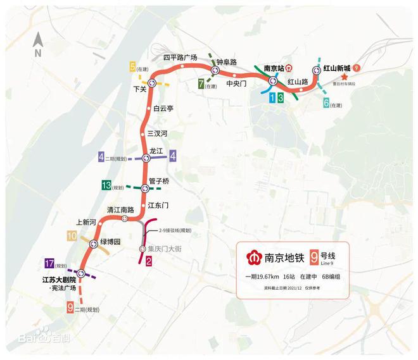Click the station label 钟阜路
[x=226, y=62]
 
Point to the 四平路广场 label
[x=180, y=57]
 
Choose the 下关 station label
[x=140, y=89]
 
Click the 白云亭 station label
[x=163, y=108]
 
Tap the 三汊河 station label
[x=157, y=133]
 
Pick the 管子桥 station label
[x=159, y=181]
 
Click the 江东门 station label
[x=158, y=205]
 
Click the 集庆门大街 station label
[x=168, y=249]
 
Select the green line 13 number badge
[x=106, y=186]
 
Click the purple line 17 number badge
[x=50, y=264]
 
